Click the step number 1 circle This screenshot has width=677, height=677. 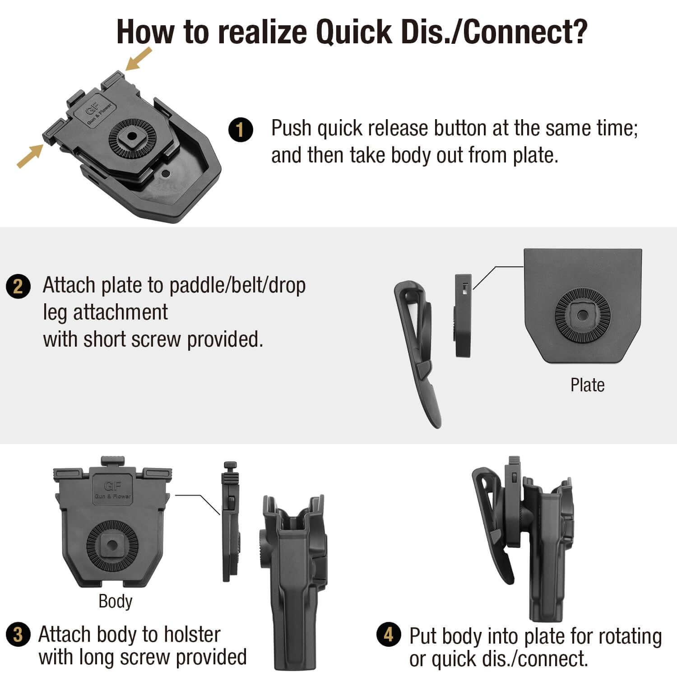pyautogui.click(x=240, y=130)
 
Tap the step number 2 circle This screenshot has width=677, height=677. pyautogui.click(x=18, y=287)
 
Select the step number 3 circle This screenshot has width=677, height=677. pyautogui.click(x=18, y=635)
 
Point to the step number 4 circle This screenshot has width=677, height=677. pyautogui.click(x=388, y=635)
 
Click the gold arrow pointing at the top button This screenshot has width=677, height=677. pyautogui.click(x=139, y=59)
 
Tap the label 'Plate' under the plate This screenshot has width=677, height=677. pyautogui.click(x=587, y=385)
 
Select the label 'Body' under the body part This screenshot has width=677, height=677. pyautogui.click(x=115, y=601)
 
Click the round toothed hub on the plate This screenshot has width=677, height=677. pyautogui.click(x=582, y=315)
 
